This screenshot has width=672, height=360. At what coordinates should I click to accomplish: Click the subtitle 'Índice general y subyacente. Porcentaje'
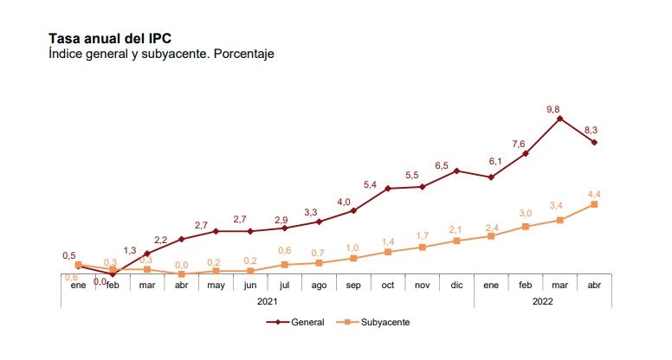(x=161, y=54)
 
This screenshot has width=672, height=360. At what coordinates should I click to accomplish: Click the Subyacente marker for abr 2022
(x=594, y=204)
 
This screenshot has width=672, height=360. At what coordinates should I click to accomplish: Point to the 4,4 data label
(x=595, y=192)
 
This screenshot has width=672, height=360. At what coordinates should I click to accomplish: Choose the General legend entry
(x=296, y=322)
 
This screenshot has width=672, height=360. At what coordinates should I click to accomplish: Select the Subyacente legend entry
(x=378, y=322)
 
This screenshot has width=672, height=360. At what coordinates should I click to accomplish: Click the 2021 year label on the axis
(x=268, y=301)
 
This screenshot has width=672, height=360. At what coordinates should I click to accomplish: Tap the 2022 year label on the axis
(x=543, y=301)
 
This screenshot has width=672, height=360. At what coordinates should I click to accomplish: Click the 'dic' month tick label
(x=456, y=285)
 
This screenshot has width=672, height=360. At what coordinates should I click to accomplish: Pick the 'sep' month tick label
(x=353, y=285)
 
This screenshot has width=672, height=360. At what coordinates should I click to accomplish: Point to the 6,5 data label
(x=442, y=165)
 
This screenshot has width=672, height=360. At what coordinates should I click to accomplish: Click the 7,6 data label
(x=519, y=144)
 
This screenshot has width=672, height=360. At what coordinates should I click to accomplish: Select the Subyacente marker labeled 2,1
(x=456, y=241)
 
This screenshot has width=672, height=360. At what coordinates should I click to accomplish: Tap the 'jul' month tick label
(x=285, y=285)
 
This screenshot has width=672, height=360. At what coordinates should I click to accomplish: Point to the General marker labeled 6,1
(x=491, y=177)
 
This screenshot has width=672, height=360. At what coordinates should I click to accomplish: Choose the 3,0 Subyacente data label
(x=526, y=213)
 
